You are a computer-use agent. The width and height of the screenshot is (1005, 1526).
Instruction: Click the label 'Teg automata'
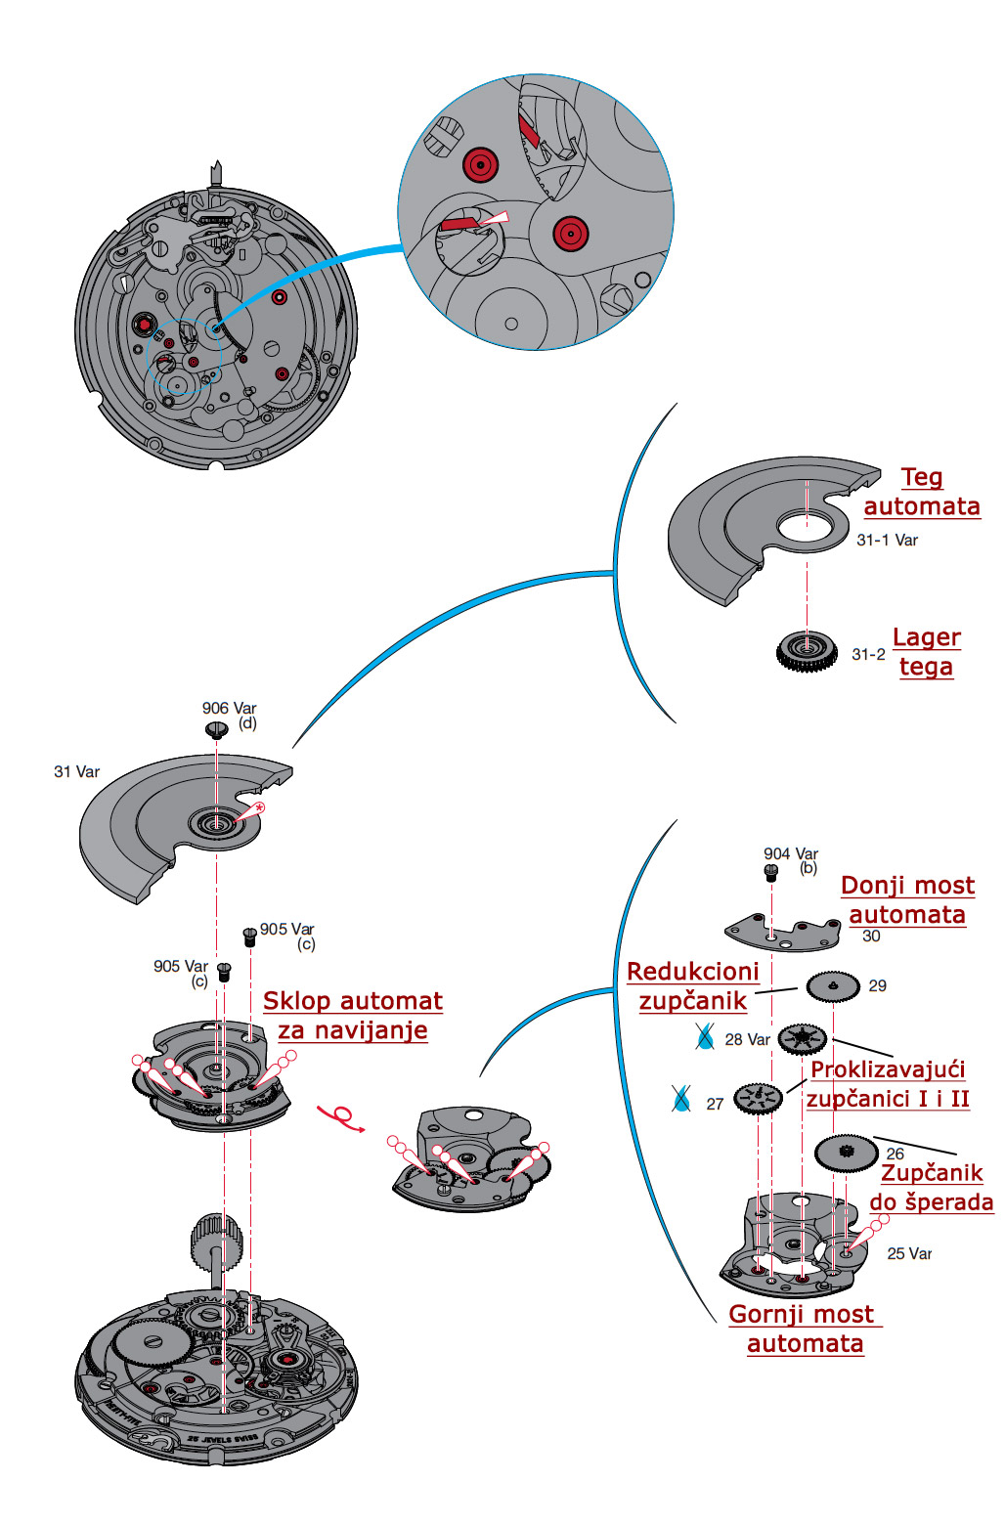coord(922,492)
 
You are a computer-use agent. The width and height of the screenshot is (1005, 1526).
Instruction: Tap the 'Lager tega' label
coord(926,652)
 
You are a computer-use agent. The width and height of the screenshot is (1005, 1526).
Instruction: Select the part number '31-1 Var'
coord(887,540)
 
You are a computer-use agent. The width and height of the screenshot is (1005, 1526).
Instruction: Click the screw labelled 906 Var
coord(217,729)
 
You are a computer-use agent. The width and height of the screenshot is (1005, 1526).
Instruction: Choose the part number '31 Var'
coord(76,771)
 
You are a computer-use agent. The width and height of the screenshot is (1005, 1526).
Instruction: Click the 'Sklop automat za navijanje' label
coord(353,1016)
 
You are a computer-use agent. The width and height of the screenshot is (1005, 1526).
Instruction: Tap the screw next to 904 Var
coord(770,870)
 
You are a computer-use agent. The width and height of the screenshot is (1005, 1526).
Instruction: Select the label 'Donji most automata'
coord(907,900)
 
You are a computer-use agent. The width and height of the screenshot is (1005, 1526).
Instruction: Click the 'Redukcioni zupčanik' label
coord(693,986)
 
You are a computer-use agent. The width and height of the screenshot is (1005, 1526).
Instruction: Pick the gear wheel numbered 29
coord(833,986)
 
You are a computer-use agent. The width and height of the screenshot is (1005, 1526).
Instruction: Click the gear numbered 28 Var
coord(803,1038)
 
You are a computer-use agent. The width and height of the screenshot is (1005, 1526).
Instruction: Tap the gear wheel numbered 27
coord(758,1100)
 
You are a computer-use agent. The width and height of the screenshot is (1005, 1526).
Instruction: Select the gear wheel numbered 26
coord(847,1154)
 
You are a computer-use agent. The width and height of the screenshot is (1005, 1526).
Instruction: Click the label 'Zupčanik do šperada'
coord(932,1188)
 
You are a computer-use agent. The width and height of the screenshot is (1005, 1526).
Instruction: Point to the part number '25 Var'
coord(909,1253)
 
